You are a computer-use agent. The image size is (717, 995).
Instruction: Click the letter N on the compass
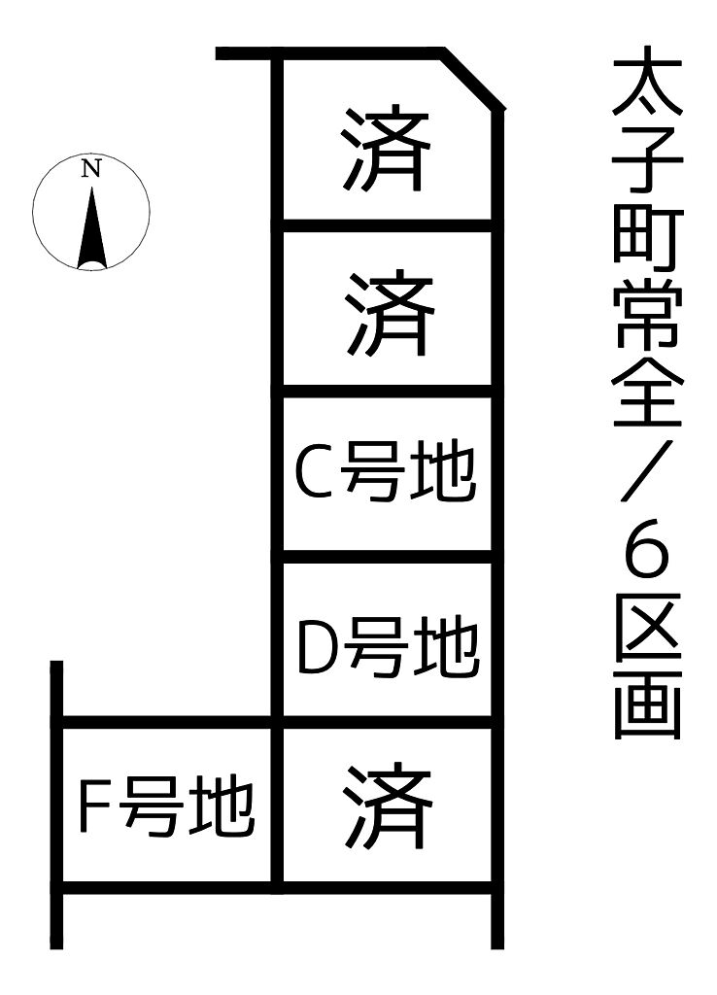coord(91,169)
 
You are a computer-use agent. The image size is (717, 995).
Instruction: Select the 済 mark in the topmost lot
coord(386,151)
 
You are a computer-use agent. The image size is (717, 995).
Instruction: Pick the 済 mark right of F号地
coord(388,806)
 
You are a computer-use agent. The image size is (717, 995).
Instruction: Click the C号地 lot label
coord(386,473)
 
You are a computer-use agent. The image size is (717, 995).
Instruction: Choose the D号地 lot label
coord(388,647)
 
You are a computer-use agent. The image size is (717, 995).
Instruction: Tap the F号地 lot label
coord(166,807)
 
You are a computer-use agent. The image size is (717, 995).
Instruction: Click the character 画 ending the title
coord(648,704)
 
